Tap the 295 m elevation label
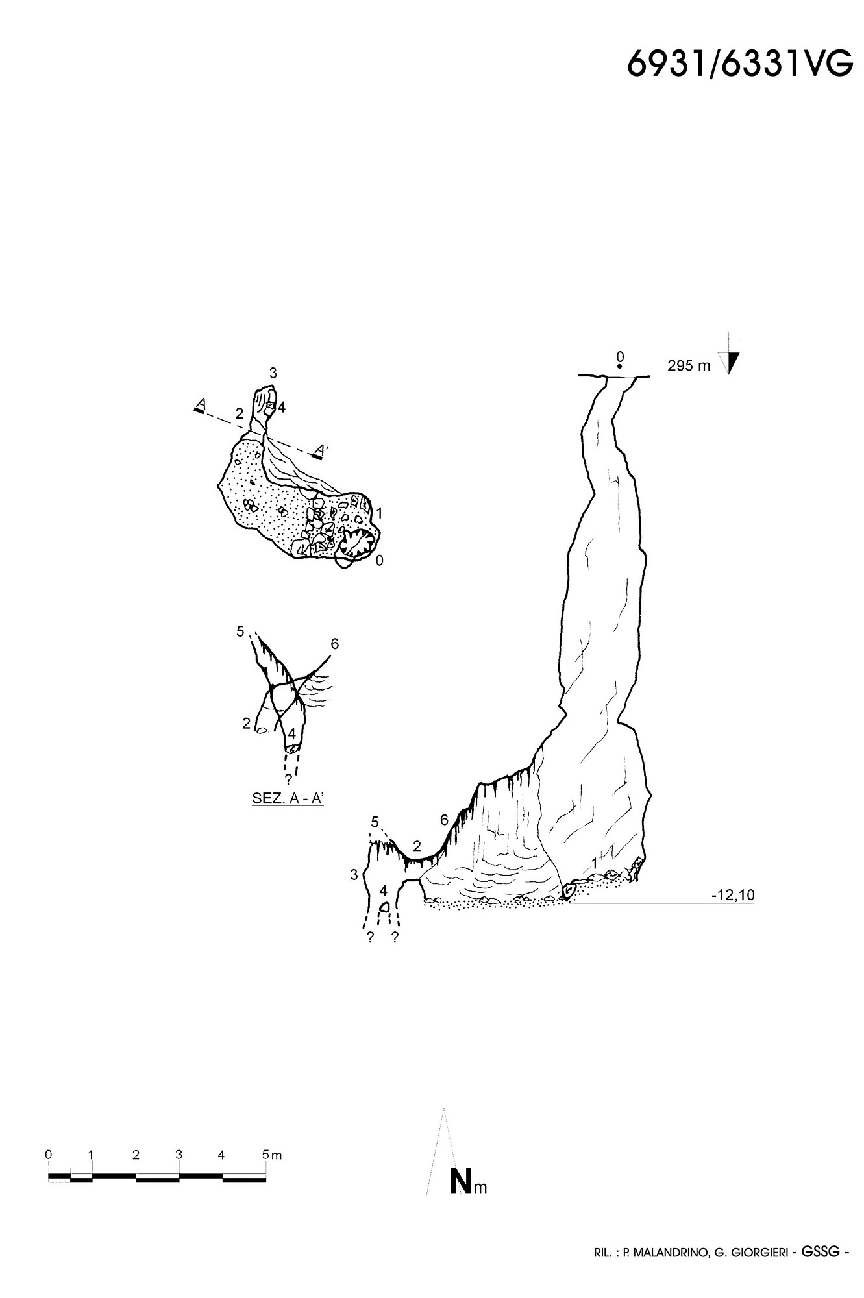(689, 366)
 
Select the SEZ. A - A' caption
(288, 799)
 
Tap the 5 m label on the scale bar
(272, 1155)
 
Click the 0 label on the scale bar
(49, 1155)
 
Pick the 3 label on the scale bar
(179, 1155)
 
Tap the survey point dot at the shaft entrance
(620, 367)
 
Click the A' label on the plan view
(319, 450)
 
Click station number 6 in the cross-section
(335, 644)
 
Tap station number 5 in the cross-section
(240, 631)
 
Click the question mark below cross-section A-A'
(288, 779)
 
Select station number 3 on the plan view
(273, 373)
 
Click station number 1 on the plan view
(379, 513)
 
